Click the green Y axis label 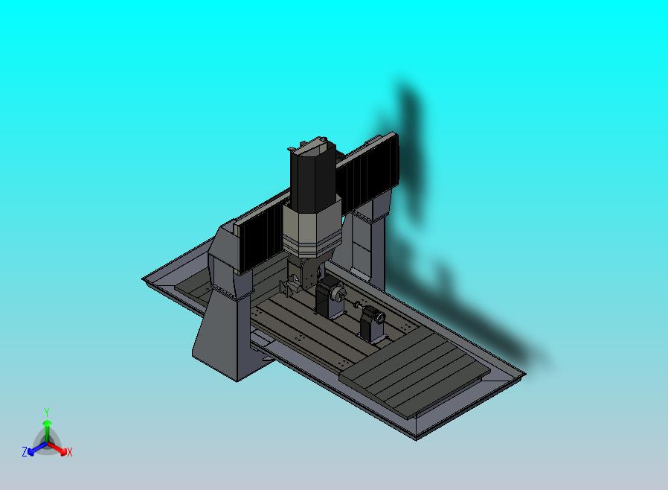[x=47, y=412]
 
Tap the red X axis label [x=70, y=452]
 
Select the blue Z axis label [x=25, y=452]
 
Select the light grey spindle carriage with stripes [x=311, y=231]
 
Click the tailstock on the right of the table [x=372, y=326]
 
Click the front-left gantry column [x=223, y=328]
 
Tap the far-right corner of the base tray [x=524, y=374]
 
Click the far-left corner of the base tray [x=144, y=279]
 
